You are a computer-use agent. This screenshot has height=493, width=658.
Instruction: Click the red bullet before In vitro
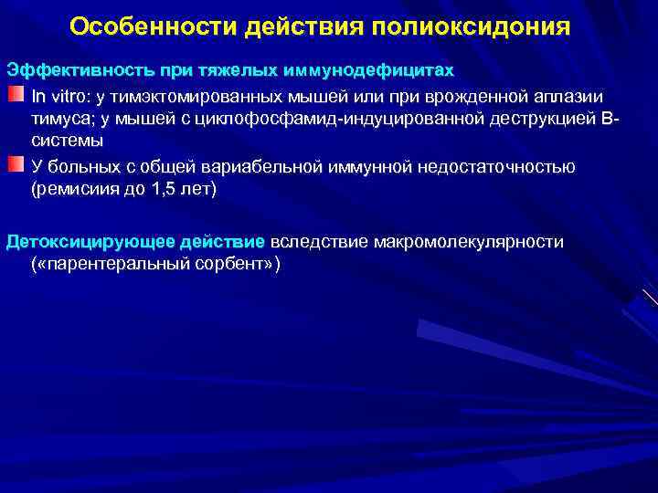tap(17, 95)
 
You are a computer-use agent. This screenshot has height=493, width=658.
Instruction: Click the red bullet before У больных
tap(17, 164)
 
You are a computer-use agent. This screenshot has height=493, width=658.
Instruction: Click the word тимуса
tap(57, 119)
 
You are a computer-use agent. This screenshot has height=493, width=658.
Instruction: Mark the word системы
tap(68, 142)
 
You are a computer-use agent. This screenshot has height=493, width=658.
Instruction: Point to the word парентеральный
tap(120, 264)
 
